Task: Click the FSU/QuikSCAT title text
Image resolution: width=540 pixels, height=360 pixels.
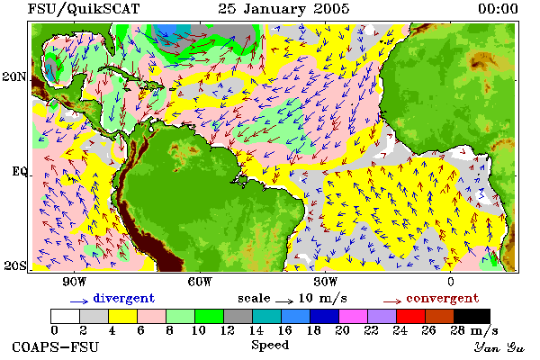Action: [84, 9]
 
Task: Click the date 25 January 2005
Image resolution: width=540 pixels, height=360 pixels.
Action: [283, 9]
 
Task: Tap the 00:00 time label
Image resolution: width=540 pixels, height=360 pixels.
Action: [498, 9]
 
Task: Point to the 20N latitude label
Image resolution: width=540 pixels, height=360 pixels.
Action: [14, 76]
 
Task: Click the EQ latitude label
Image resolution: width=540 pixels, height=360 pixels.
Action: [19, 171]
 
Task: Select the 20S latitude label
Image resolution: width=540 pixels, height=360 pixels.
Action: [15, 265]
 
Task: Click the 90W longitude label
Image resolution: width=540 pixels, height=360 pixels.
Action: [75, 282]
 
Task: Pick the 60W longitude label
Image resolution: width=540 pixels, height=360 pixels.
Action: [200, 282]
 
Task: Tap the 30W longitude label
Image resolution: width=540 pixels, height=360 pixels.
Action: [326, 282]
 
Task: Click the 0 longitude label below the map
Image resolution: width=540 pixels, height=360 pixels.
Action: [451, 282]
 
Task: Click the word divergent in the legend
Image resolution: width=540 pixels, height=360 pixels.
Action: [124, 298]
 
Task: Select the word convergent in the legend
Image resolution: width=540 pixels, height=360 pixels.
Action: [443, 298]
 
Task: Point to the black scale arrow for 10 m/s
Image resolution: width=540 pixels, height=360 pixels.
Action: [284, 301]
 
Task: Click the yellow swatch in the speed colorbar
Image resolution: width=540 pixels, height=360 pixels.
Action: [123, 316]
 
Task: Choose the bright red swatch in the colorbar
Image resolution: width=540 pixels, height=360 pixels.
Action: [411, 316]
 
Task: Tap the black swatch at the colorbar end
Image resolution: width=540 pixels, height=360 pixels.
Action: [472, 316]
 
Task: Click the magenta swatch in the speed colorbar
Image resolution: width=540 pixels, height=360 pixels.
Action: [354, 316]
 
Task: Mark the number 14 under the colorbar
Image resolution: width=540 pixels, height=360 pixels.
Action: [256, 330]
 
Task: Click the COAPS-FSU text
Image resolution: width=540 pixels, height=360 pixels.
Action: [55, 346]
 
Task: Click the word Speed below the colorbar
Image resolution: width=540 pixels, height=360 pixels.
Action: [270, 346]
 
